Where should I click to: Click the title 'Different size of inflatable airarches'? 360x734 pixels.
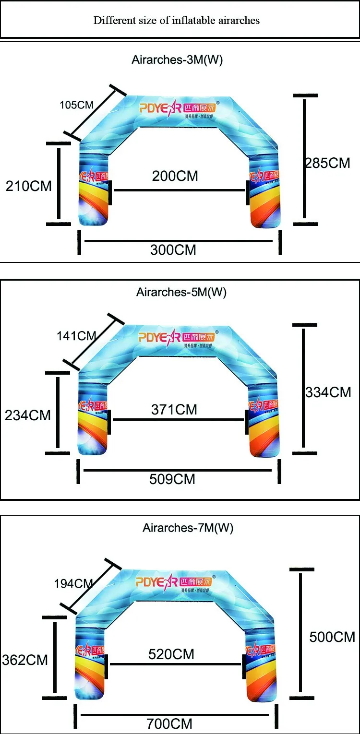point(176,20)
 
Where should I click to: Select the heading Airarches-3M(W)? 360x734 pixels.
point(177,60)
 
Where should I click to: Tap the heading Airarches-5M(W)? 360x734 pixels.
point(181,292)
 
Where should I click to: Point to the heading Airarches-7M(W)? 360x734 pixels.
point(188,528)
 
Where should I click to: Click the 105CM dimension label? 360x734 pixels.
point(76,105)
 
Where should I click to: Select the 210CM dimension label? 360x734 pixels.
point(28,186)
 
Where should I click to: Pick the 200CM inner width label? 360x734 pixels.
point(175,176)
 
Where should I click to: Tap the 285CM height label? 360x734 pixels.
point(328,163)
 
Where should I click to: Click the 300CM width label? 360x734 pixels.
point(173,250)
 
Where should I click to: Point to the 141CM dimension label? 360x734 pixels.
point(77,336)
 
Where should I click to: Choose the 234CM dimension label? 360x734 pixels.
point(27,415)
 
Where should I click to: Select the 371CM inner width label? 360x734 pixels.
point(174,410)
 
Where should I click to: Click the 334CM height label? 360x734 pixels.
point(329,392)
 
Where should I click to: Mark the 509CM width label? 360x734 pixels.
point(172,479)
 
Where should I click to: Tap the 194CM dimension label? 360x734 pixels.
point(73,584)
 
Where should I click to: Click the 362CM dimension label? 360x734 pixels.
point(25,660)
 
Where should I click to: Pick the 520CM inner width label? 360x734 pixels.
point(171,654)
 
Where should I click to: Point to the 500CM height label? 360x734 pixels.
point(332,637)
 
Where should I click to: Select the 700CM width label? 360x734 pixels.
point(169,723)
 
